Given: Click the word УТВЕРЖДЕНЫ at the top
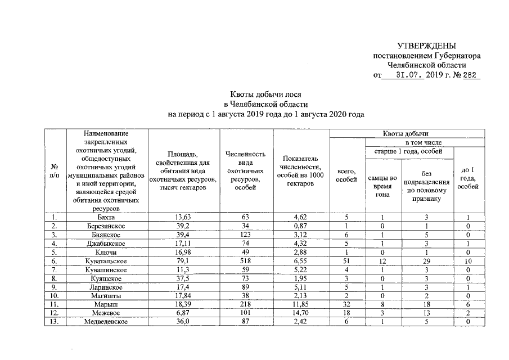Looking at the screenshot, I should click(427, 46).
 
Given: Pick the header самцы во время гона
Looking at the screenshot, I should click(382, 186).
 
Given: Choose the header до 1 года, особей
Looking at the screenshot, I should click(468, 178).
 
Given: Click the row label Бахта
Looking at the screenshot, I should click(107, 217).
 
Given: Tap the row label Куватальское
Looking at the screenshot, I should click(107, 262).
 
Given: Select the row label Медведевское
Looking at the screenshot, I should click(107, 321).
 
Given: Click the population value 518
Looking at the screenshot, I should click(245, 262).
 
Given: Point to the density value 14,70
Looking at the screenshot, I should click(301, 312).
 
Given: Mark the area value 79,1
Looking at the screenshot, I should click(184, 262).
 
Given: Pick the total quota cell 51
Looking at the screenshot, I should click(346, 262).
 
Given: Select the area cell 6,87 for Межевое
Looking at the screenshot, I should click(184, 312).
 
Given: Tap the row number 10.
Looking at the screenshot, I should click(55, 295).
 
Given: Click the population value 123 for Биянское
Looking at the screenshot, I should click(245, 235).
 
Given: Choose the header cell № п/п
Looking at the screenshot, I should click(55, 171).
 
